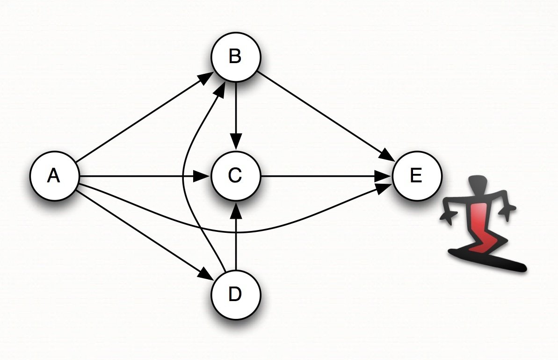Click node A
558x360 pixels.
tap(54, 176)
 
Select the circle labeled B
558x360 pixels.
tap(235, 57)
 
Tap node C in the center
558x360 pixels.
tap(235, 176)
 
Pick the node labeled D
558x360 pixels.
tap(235, 295)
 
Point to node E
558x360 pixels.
tap(416, 176)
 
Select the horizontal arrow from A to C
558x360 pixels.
tap(140, 176)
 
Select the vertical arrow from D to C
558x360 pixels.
tap(236, 238)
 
